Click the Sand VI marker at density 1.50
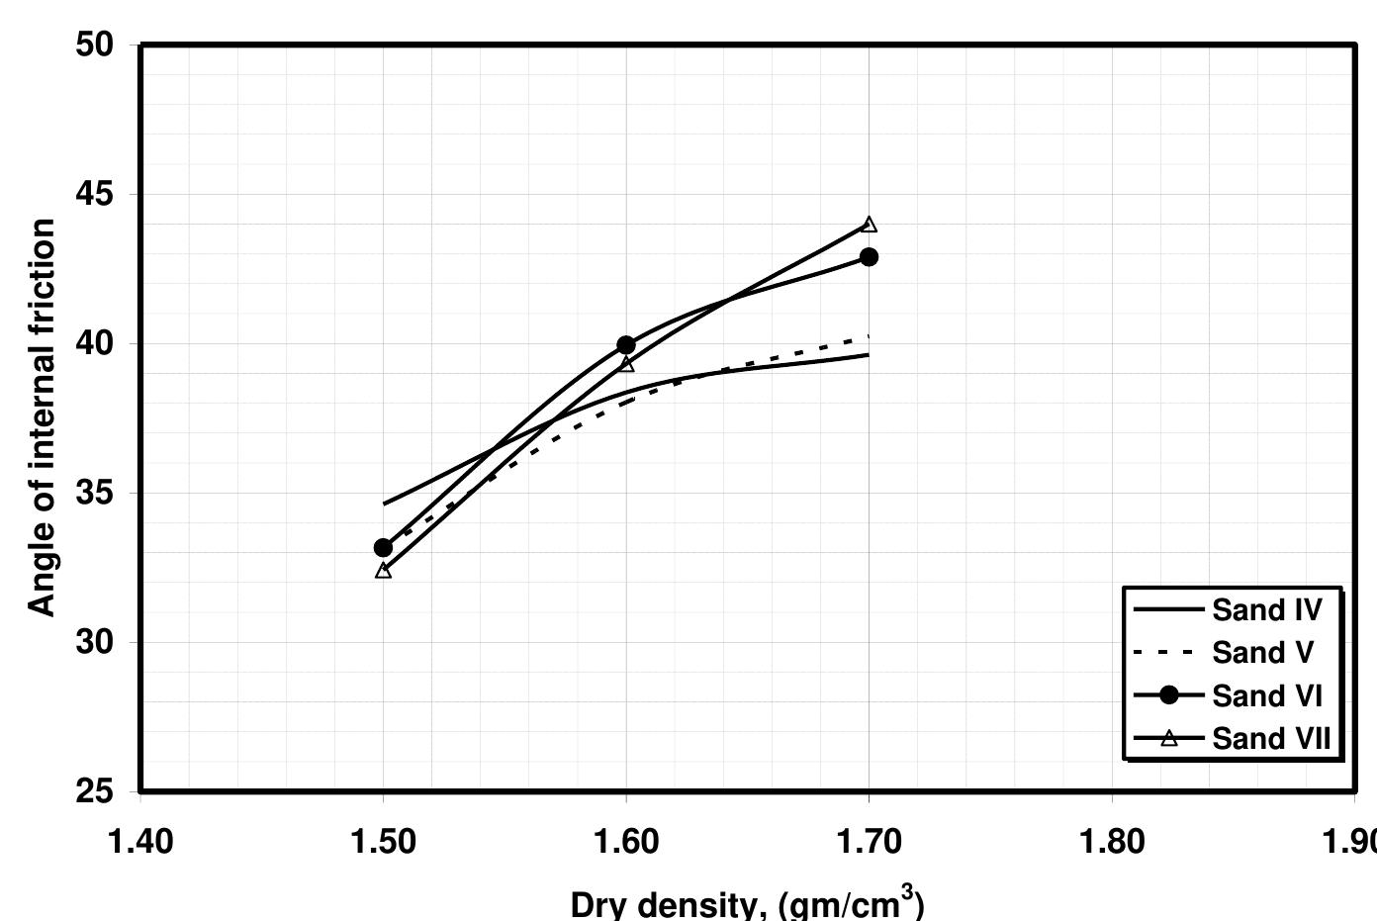(383, 548)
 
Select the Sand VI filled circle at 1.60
(626, 345)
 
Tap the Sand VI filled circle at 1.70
(869, 257)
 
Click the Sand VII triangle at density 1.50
(383, 571)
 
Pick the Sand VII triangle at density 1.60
(626, 364)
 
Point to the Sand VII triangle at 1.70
(869, 226)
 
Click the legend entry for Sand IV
(1266, 610)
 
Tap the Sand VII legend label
(1271, 739)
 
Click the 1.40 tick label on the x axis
(139, 842)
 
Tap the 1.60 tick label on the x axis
(625, 842)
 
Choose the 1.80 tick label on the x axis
(1112, 842)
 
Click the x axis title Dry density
(747, 904)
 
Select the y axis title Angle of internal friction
(42, 417)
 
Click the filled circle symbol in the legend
(1169, 695)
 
